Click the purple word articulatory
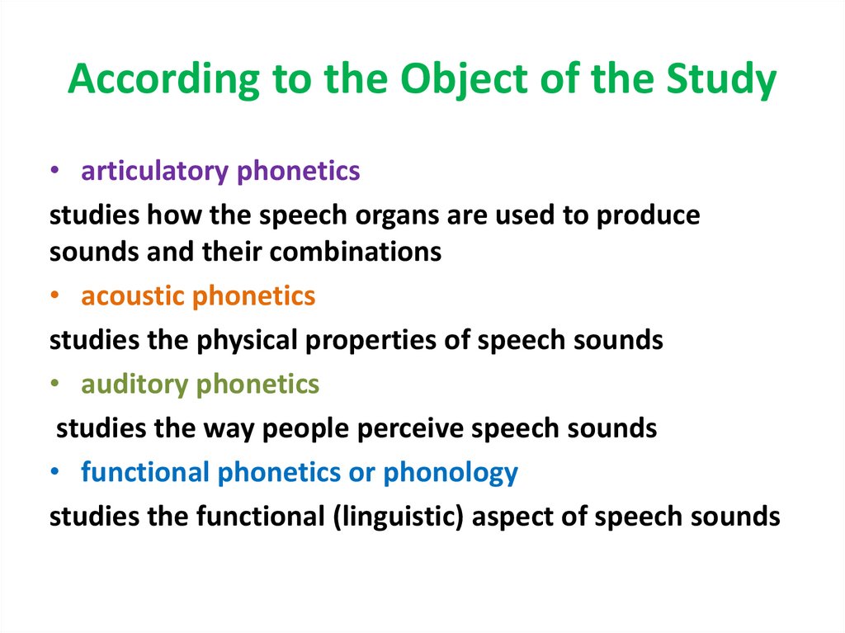pos(155,171)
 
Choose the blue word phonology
pos(451,472)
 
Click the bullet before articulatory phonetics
pos(54,172)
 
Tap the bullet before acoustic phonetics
pos(54,297)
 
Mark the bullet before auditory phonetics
pos(54,385)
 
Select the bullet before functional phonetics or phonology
pos(54,473)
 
